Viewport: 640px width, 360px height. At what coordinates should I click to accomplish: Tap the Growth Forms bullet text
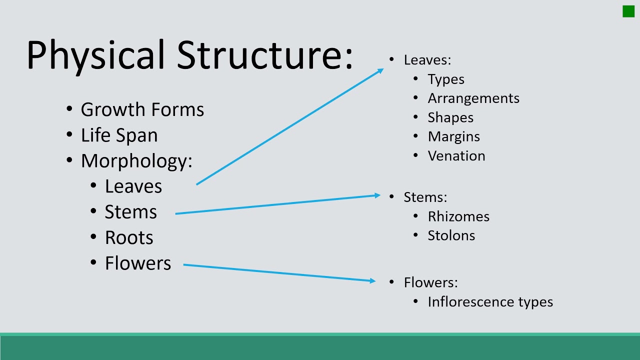pyautogui.click(x=142, y=109)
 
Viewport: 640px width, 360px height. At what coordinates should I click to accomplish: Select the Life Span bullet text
pyautogui.click(x=119, y=135)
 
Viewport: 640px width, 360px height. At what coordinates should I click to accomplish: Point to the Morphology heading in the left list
pyautogui.click(x=136, y=161)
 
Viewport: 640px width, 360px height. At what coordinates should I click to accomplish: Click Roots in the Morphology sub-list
pyautogui.click(x=129, y=238)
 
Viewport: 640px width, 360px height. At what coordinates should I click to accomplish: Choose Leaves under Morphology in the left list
pyautogui.click(x=133, y=186)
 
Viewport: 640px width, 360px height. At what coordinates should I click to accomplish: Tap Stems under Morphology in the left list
pyautogui.click(x=130, y=212)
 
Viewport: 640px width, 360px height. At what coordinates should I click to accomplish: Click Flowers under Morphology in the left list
pyautogui.click(x=137, y=263)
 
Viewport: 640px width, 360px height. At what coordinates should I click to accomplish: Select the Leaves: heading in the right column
pyautogui.click(x=427, y=60)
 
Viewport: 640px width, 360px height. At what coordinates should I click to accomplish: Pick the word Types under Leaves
pyautogui.click(x=445, y=79)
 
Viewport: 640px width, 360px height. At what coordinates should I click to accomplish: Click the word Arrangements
pyautogui.click(x=473, y=98)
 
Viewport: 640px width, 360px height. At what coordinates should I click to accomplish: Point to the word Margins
pyautogui.click(x=453, y=137)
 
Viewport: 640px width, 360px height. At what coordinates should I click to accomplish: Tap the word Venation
pyautogui.click(x=456, y=156)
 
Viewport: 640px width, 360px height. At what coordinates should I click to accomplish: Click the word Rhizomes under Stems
pyautogui.click(x=458, y=216)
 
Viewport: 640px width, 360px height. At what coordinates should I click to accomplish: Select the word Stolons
pyautogui.click(x=451, y=235)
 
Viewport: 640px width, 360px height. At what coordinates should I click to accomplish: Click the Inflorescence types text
pyautogui.click(x=490, y=302)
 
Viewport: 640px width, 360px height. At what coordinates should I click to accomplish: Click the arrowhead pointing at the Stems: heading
pyautogui.click(x=377, y=195)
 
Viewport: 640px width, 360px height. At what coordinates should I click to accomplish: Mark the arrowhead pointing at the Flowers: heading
pyautogui.click(x=372, y=281)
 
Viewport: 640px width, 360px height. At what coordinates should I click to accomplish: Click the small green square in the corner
pyautogui.click(x=628, y=11)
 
